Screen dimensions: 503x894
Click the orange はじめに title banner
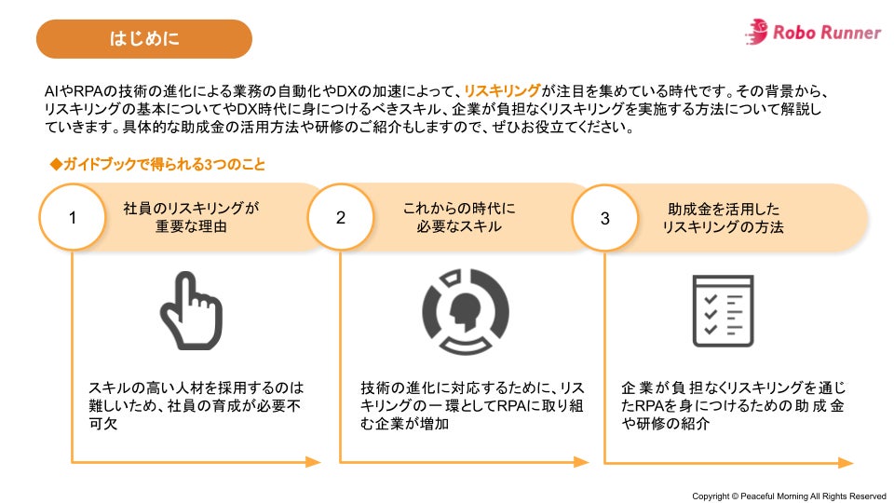pyautogui.click(x=144, y=39)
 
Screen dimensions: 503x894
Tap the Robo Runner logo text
pyautogui.click(x=826, y=34)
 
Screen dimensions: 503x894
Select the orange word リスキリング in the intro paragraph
pyautogui.click(x=502, y=91)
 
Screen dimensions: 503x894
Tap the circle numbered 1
pyautogui.click(x=73, y=217)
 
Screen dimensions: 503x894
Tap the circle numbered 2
pyautogui.click(x=341, y=217)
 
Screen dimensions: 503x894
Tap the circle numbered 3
pyautogui.click(x=605, y=218)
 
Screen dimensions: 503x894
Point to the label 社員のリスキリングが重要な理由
pyautogui.click(x=190, y=218)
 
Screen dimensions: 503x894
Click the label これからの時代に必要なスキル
pyautogui.click(x=459, y=218)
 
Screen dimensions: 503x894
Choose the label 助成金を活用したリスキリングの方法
pyautogui.click(x=723, y=218)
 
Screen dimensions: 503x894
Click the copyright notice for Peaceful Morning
pyautogui.click(x=788, y=496)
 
